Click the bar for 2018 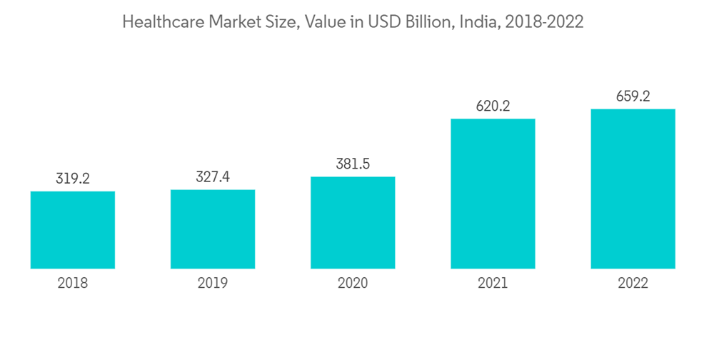point(73,230)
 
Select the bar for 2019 point(213,229)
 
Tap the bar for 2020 point(353,223)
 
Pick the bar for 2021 point(493,194)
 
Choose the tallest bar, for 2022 point(633,189)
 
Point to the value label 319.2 point(73,179)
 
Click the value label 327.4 point(213,177)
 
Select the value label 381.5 point(353,164)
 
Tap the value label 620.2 point(493,106)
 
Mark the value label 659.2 point(633,96)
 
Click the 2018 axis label point(73,284)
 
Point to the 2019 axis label point(213,284)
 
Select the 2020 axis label point(353,284)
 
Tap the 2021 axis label point(493,284)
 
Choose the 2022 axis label point(633,284)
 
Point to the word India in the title point(480,22)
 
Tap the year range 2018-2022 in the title point(544,22)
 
